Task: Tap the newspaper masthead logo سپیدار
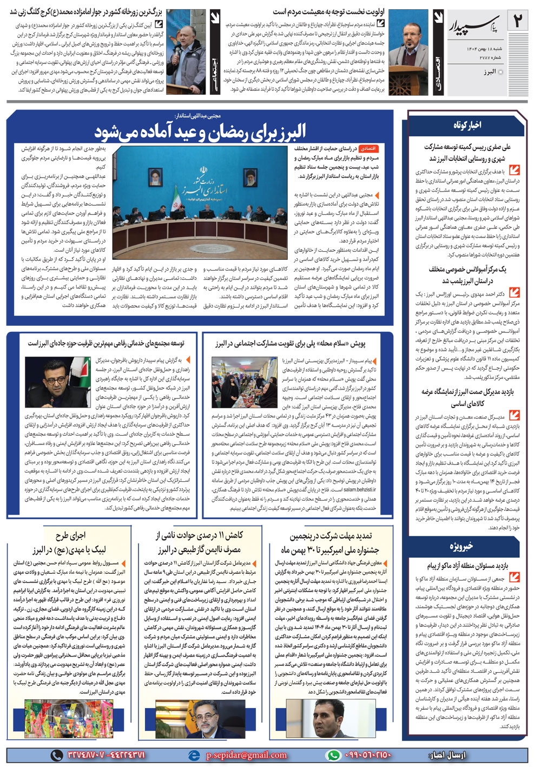[473, 24]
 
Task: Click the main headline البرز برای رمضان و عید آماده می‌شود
[200, 132]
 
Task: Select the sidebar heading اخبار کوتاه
[467, 125]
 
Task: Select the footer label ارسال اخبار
[447, 755]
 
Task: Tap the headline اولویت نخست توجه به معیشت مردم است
[328, 11]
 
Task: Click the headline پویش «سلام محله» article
[290, 343]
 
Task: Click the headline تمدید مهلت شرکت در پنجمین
[331, 535]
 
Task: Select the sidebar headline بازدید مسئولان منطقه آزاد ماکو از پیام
[468, 566]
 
